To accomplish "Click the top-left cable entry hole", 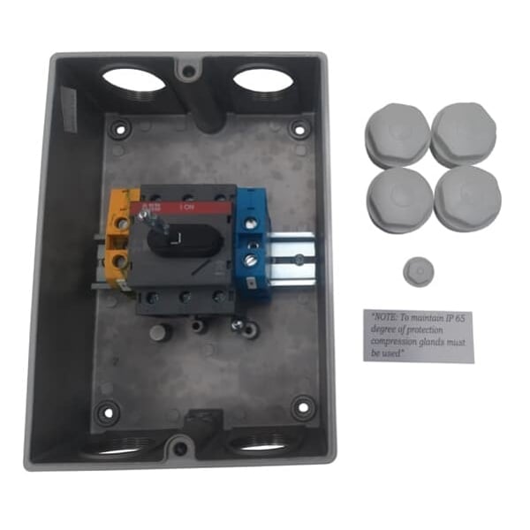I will pyautogui.click(x=132, y=79).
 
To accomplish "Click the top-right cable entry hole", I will pyautogui.click(x=262, y=80).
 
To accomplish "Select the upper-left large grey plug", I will pyautogui.click(x=397, y=135).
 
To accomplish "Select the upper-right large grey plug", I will pyautogui.click(x=463, y=133).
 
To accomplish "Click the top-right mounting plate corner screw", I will pyautogui.click(x=300, y=126).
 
